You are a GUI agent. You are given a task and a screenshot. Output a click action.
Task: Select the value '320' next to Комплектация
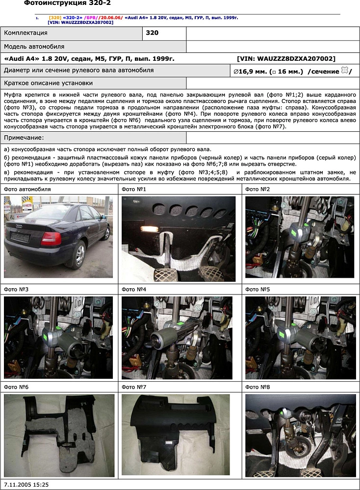pyautogui.click(x=153, y=33)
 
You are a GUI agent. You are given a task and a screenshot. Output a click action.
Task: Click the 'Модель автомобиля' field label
pyautogui.click(x=34, y=47)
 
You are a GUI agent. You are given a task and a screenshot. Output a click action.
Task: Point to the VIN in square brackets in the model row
pyautogui.click(x=286, y=59)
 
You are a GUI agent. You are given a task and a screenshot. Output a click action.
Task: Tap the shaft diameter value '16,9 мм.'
pyautogui.click(x=251, y=71)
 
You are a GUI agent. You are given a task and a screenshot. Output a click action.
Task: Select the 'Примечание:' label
pyautogui.click(x=24, y=138)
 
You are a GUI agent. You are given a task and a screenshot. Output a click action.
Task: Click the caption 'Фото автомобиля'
pyautogui.click(x=27, y=189)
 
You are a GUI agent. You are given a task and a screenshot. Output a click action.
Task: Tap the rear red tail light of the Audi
pyautogui.click(x=51, y=239)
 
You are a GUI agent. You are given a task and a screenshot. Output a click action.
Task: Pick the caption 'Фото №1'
pyautogui.click(x=134, y=189)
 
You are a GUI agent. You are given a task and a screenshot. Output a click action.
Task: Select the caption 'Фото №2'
pyautogui.click(x=257, y=189)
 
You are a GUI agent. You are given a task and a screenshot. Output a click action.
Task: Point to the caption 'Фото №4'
pyautogui.click(x=134, y=290)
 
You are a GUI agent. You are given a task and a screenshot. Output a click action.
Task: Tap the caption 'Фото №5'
pyautogui.click(x=257, y=290)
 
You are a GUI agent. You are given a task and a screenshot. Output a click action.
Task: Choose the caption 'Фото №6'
pyautogui.click(x=16, y=387)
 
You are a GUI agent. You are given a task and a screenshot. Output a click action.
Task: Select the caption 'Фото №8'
pyautogui.click(x=257, y=387)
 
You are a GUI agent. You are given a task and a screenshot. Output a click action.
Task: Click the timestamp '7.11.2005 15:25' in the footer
pyautogui.click(x=26, y=484)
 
